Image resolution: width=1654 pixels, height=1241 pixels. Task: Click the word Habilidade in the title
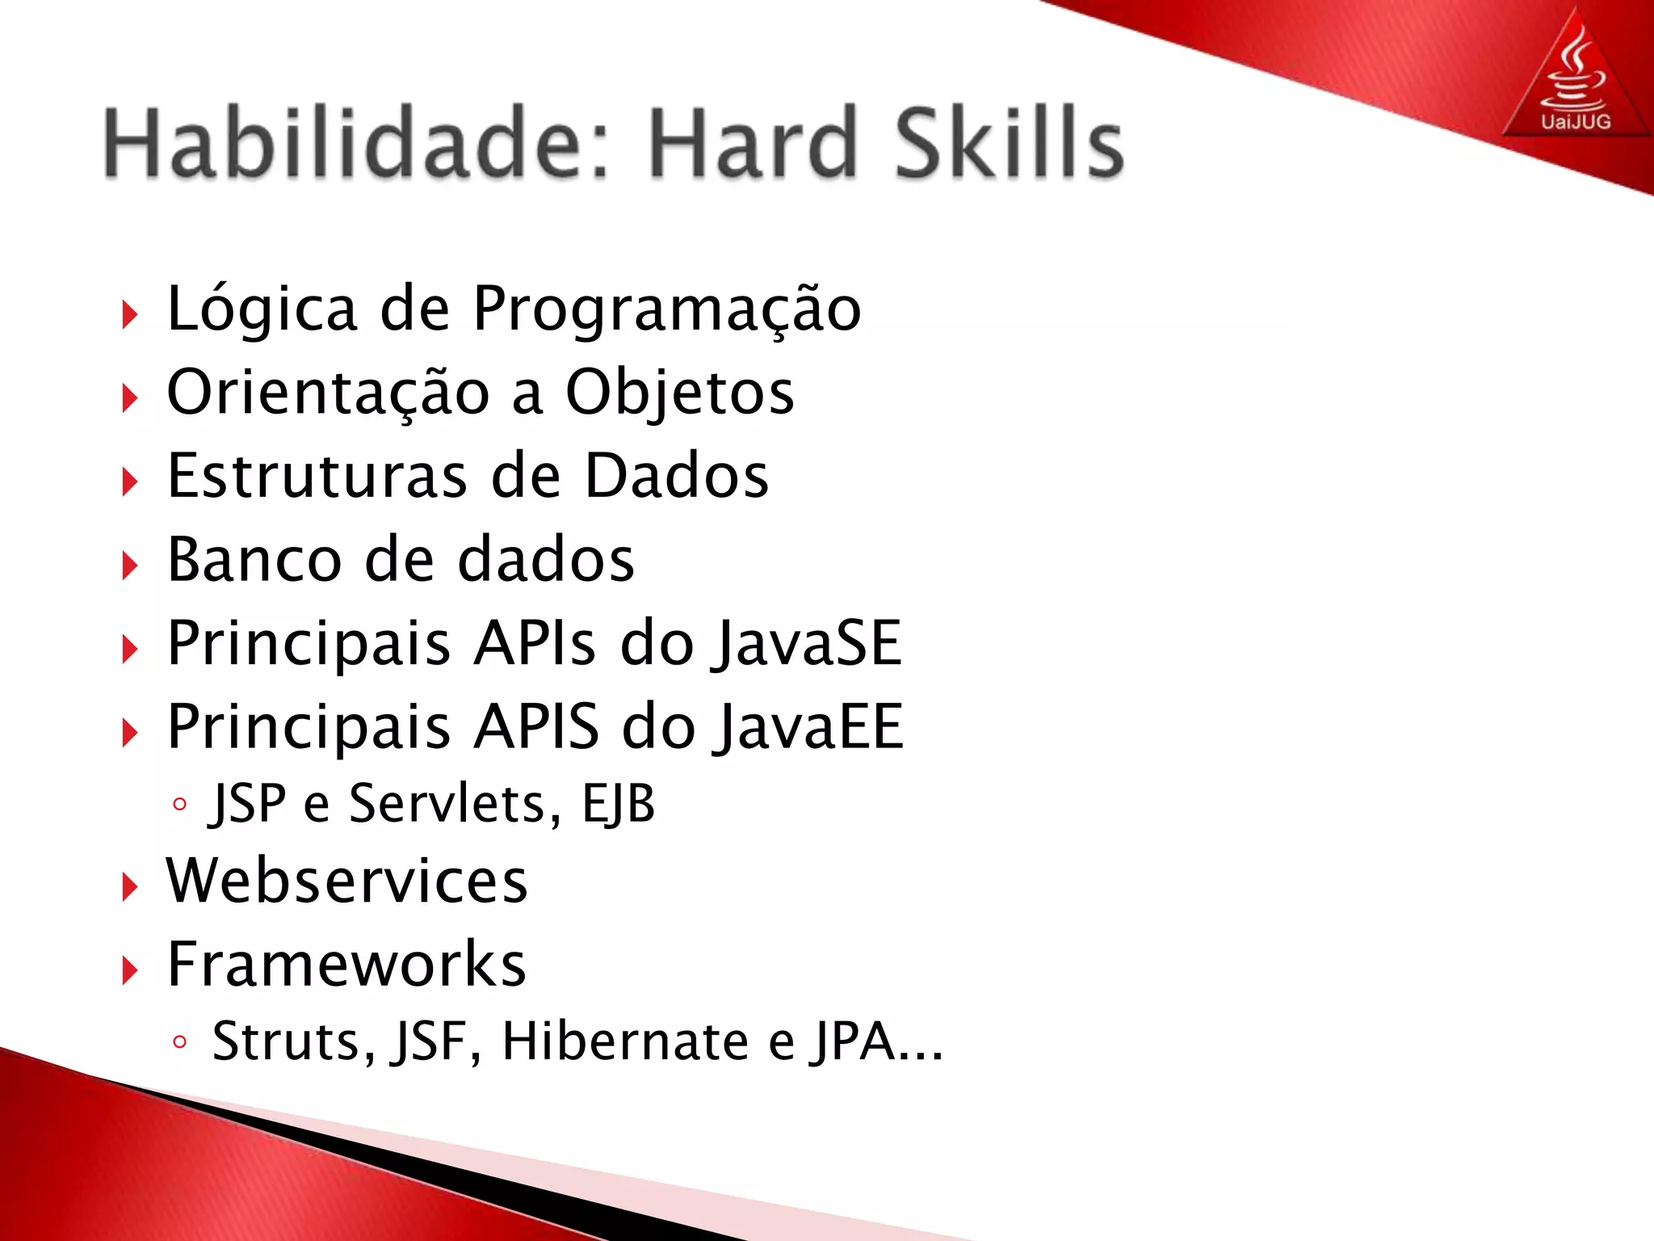pyautogui.click(x=355, y=144)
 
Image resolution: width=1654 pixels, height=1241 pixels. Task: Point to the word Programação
pyautogui.click(x=667, y=310)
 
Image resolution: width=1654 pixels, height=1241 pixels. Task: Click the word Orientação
pyautogui.click(x=328, y=393)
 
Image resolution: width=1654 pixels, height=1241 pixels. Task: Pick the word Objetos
pyautogui.click(x=679, y=393)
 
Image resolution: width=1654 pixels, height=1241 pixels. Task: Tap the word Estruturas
pyautogui.click(x=317, y=477)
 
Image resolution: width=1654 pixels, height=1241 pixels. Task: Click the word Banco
pyautogui.click(x=254, y=560)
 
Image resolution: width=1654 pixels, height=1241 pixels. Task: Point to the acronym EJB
pyautogui.click(x=619, y=805)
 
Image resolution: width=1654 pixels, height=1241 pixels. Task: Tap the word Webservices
pyautogui.click(x=347, y=881)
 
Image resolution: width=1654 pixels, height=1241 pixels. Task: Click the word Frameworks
pyautogui.click(x=346, y=965)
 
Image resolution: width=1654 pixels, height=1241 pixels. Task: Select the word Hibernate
pyautogui.click(x=625, y=1041)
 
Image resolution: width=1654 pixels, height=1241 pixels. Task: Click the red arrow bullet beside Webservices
pyautogui.click(x=130, y=887)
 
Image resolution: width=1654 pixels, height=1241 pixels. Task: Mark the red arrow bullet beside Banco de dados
pyautogui.click(x=130, y=566)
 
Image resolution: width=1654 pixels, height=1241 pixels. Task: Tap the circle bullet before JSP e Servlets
pyautogui.click(x=180, y=805)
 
